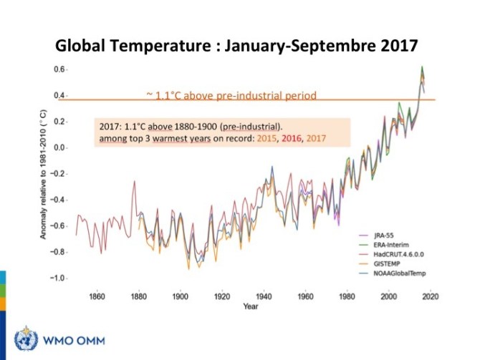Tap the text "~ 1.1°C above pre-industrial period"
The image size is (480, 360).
click(x=231, y=94)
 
